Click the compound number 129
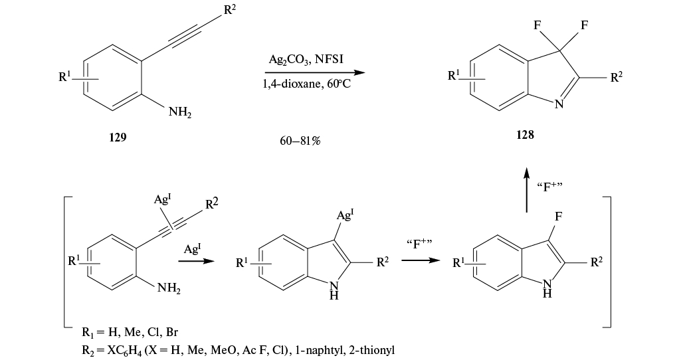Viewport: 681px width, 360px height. click(117, 137)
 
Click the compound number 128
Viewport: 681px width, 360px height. click(525, 134)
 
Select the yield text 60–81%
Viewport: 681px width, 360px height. click(300, 140)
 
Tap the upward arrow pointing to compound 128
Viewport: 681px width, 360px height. click(526, 189)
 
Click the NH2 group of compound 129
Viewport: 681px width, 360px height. click(179, 114)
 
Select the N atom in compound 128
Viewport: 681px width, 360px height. click(558, 103)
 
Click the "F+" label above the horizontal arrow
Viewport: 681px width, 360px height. click(419, 243)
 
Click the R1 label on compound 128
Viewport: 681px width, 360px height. click(454, 77)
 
